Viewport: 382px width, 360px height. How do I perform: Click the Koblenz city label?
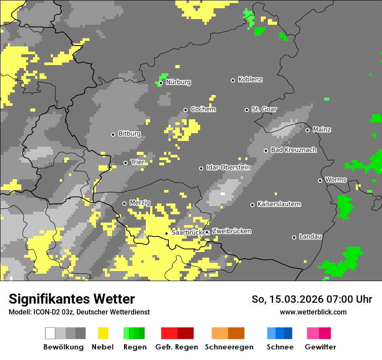pos(250,80)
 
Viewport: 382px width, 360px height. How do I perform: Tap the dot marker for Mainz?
pos(307,130)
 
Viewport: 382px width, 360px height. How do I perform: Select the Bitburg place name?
pos(129,134)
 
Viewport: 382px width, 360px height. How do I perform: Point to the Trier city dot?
pos(125,163)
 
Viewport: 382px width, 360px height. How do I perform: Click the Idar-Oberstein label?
pos(228,168)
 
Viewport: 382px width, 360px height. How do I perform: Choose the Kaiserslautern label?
pos(279,204)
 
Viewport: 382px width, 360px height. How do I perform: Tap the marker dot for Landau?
pos(294,237)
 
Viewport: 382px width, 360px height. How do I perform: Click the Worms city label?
pos(336,180)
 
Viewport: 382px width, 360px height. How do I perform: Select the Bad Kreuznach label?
pos(293,150)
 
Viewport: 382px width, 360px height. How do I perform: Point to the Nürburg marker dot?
pos(161,83)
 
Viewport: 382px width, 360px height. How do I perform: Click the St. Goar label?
pos(264,109)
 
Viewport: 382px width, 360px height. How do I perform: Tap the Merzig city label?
pos(140,203)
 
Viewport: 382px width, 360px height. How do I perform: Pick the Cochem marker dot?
pos(185,110)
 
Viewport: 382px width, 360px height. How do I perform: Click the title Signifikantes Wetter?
pos(72,299)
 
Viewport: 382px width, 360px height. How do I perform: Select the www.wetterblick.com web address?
pos(313,312)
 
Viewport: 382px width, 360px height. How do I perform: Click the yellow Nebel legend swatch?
pos(103,333)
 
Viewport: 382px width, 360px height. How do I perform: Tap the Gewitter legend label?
pos(320,347)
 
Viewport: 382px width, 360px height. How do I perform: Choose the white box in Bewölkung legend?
pos(50,333)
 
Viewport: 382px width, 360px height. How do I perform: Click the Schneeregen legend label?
pos(229,347)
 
